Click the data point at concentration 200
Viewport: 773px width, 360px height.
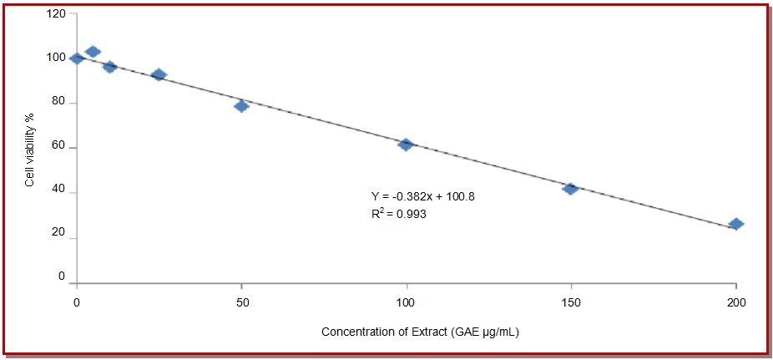click(735, 224)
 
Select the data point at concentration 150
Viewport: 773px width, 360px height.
click(570, 189)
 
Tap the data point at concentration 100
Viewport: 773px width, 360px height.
click(406, 145)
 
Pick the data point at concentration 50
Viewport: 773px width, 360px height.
click(241, 106)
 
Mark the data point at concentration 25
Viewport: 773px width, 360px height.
click(159, 75)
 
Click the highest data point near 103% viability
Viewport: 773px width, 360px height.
click(93, 52)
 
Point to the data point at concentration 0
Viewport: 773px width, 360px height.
click(77, 58)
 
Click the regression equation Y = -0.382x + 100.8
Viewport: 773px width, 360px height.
click(422, 196)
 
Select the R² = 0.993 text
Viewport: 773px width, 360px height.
click(399, 215)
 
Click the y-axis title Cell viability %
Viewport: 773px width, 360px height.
click(30, 149)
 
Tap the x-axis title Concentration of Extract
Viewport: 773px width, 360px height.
click(422, 332)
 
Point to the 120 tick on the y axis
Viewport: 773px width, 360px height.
click(56, 15)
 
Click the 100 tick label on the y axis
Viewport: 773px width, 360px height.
click(56, 58)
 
